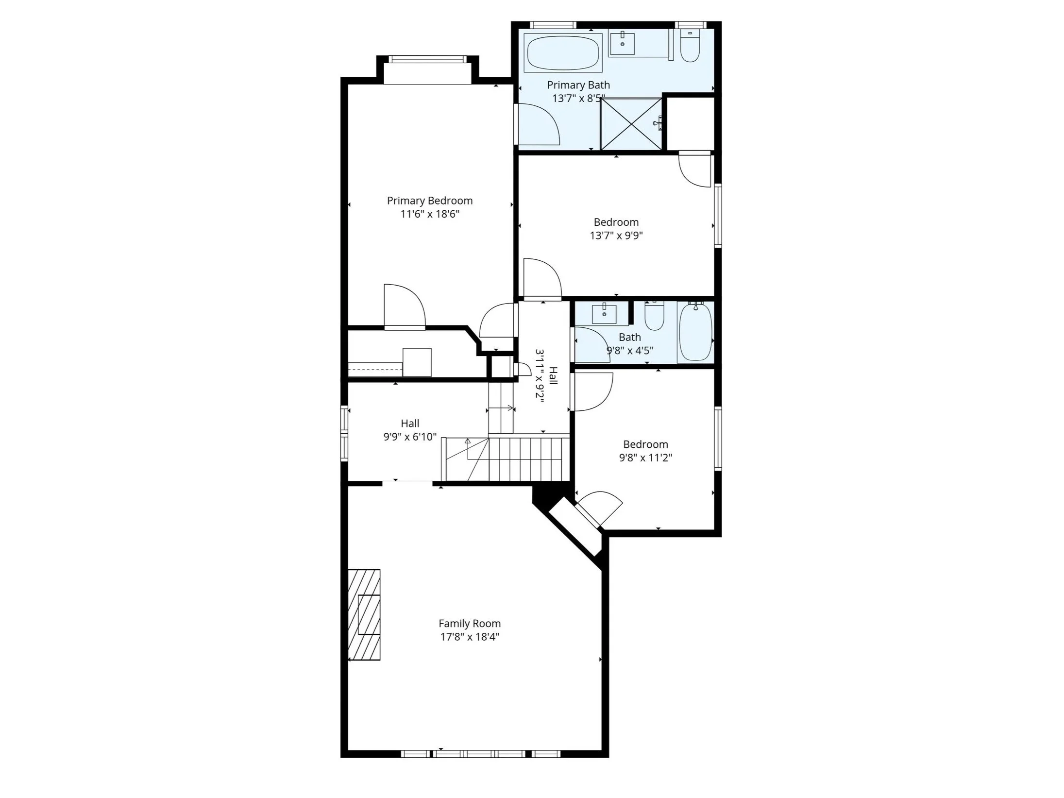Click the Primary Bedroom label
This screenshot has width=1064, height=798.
tap(429, 201)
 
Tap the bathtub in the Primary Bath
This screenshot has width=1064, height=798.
tap(562, 52)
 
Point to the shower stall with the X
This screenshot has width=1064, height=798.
tap(631, 124)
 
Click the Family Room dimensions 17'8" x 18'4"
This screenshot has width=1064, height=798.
tap(469, 637)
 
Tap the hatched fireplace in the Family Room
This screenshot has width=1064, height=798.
tap(364, 614)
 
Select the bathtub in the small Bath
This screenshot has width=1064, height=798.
tap(695, 332)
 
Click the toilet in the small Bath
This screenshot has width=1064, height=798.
tap(654, 317)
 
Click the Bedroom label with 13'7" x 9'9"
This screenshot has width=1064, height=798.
tap(616, 222)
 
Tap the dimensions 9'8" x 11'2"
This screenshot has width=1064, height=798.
tap(645, 458)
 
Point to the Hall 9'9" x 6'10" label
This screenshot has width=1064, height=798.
tap(410, 424)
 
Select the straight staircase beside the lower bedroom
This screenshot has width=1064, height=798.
tap(528, 458)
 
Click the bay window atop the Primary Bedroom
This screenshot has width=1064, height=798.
tap(427, 60)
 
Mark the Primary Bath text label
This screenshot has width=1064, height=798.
tap(578, 85)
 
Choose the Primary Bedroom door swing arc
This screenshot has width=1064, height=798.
tap(405, 306)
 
